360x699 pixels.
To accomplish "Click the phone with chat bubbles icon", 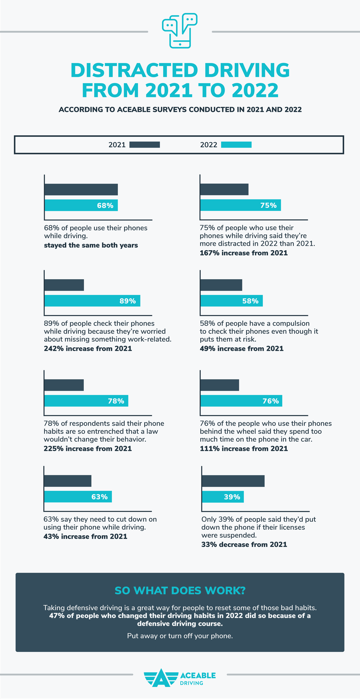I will [x=180, y=31].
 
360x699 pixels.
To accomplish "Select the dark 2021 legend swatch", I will [x=145, y=145].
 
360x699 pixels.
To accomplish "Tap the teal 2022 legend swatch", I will [x=236, y=145].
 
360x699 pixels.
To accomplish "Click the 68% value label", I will [x=105, y=205].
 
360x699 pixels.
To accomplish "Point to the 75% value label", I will [x=268, y=205].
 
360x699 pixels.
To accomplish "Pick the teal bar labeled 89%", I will [x=92, y=301].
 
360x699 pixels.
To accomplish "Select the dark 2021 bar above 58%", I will [x=221, y=285].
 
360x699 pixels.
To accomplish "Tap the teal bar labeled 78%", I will [x=86, y=401].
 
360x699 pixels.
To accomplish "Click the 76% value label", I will [x=271, y=401].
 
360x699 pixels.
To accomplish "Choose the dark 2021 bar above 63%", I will [x=68, y=481].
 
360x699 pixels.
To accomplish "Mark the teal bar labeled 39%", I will [x=223, y=497].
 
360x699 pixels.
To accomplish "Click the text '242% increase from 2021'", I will [x=88, y=349].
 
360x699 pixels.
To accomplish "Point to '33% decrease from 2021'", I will [x=244, y=544].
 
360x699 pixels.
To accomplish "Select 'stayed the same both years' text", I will [x=91, y=245].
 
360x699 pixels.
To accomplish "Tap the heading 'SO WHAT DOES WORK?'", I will [x=180, y=590].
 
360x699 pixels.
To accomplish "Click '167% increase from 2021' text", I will [x=244, y=253].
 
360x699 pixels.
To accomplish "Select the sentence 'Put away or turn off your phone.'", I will [x=180, y=636].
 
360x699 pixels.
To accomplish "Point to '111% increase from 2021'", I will [x=244, y=448].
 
